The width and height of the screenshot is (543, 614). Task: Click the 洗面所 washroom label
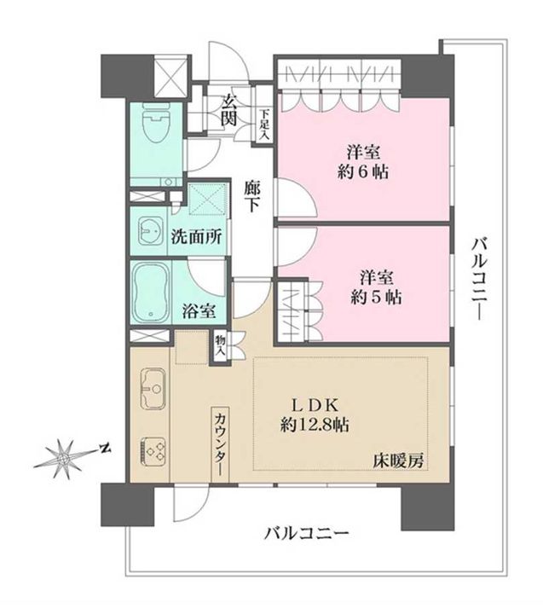coord(198,238)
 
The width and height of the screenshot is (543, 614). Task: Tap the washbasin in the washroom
coord(152,233)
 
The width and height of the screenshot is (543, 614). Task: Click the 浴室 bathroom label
coord(198,313)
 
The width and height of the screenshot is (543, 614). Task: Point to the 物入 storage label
coord(220,344)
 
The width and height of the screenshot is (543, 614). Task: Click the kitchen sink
coord(152,388)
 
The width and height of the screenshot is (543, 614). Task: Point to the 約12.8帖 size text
coord(316,425)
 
